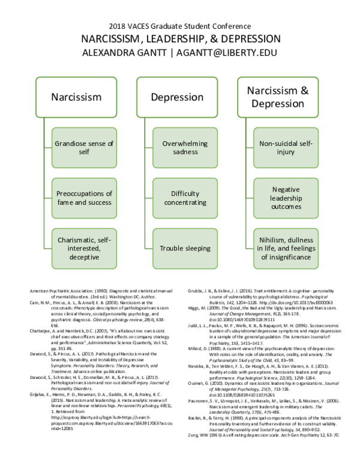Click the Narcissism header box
[x=76, y=97]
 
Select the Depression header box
[x=176, y=97]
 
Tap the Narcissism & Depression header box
[x=277, y=97]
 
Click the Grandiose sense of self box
[x=84, y=147]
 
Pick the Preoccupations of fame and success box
[x=84, y=198]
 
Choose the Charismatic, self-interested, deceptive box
[x=84, y=248]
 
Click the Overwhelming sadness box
[x=185, y=147]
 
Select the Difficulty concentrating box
[x=185, y=198]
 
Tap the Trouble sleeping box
[x=185, y=248]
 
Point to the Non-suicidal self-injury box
[x=286, y=147]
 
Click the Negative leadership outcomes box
[x=286, y=198]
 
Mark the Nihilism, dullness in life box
[x=286, y=248]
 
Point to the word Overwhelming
[x=185, y=143]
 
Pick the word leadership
[x=286, y=198]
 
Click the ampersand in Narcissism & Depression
[x=304, y=90]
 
